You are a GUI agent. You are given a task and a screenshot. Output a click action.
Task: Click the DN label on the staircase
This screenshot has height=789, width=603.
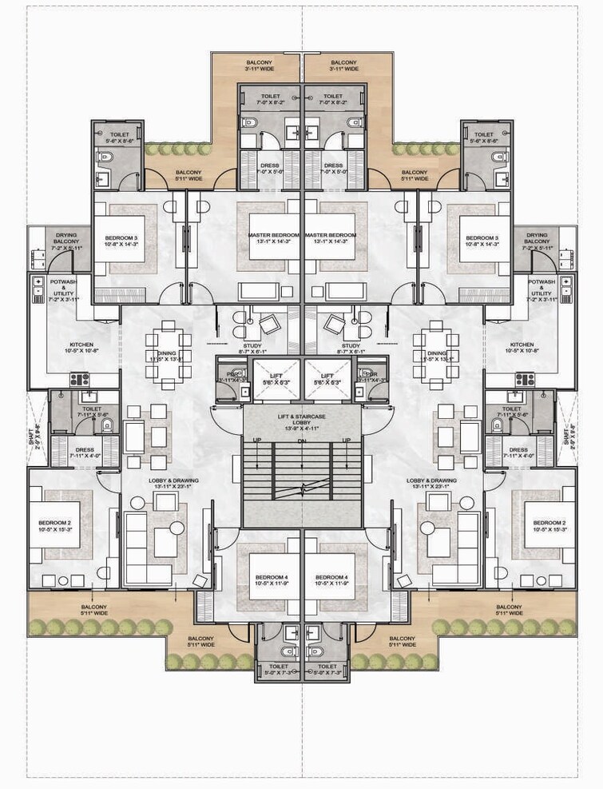coord(301,441)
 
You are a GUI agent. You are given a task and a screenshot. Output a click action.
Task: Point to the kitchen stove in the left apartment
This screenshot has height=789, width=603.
coord(80,379)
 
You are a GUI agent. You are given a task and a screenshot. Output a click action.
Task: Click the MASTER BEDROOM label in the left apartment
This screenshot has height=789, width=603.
coord(273,235)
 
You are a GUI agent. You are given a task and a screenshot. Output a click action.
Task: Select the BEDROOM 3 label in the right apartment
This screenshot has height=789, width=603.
coord(482,238)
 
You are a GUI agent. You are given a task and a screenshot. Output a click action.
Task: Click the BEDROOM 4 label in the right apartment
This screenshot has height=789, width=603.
coord(331,577)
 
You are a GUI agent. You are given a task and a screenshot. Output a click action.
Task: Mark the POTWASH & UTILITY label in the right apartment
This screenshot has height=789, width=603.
coord(541,289)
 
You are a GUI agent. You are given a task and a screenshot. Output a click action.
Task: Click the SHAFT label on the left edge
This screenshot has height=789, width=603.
coord(34,439)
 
